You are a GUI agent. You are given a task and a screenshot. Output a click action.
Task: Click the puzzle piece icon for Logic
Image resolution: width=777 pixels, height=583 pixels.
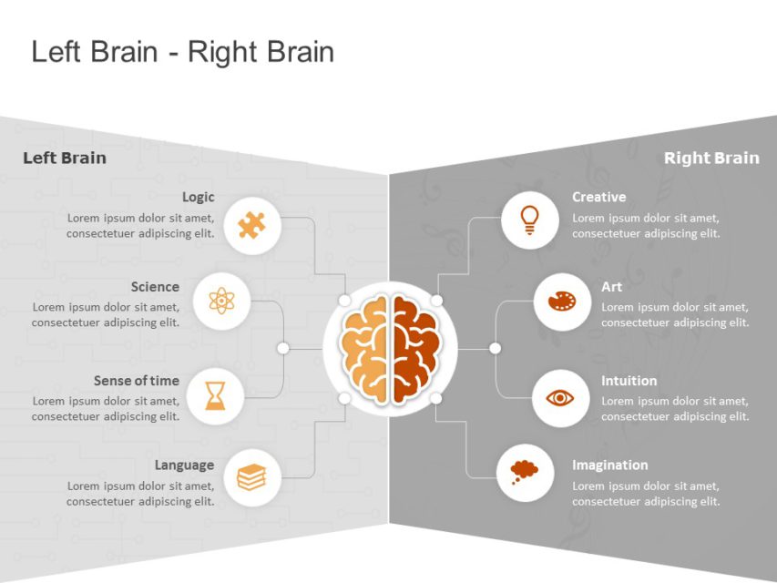[251, 225]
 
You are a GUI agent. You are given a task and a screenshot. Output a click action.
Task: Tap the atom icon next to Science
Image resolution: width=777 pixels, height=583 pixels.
[222, 300]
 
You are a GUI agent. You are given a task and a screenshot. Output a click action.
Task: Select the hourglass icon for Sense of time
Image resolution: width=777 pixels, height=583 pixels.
[215, 395]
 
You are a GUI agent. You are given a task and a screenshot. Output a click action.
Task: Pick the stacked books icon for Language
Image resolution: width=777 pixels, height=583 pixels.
[251, 476]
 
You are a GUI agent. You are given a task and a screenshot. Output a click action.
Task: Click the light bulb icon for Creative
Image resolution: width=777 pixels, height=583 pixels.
[529, 220]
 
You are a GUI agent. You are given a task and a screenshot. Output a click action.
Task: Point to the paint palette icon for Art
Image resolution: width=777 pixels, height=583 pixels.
[561, 302]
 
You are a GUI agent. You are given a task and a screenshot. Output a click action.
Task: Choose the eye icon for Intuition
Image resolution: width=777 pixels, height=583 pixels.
[560, 398]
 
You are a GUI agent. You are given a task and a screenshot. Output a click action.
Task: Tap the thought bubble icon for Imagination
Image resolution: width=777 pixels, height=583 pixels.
[525, 471]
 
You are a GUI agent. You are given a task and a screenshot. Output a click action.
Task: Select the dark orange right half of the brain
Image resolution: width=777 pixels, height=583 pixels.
[414, 349]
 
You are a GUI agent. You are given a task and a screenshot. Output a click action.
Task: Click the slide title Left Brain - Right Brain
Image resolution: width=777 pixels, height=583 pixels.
[182, 52]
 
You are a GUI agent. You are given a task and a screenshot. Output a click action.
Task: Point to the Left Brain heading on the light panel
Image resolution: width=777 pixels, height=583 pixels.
[65, 158]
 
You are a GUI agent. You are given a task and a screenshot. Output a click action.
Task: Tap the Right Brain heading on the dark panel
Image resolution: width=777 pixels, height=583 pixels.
[711, 158]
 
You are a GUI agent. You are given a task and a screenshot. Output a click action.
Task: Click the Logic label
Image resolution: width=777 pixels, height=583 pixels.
[199, 197]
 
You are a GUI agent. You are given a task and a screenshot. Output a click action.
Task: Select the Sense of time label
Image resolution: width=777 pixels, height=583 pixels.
[137, 381]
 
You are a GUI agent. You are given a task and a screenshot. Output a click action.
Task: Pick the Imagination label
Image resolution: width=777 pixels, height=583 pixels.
[609, 465]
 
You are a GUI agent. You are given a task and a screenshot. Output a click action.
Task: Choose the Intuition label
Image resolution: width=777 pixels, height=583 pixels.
[629, 381]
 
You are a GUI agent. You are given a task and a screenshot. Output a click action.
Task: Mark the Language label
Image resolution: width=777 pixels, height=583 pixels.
[184, 465]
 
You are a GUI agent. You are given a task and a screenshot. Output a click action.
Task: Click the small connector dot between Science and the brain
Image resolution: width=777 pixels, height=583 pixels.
[283, 348]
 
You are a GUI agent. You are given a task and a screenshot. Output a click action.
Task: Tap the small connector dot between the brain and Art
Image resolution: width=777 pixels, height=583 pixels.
[495, 348]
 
